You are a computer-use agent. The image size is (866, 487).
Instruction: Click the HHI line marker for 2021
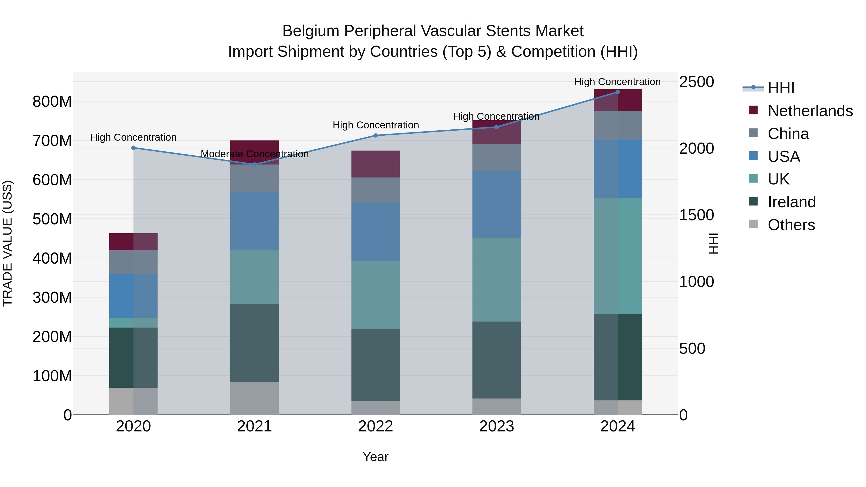[x=255, y=164]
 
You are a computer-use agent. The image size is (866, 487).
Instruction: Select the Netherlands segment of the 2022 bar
[x=376, y=164]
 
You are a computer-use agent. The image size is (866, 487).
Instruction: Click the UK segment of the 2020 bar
[x=134, y=323]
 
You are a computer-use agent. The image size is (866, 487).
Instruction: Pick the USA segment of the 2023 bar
[x=497, y=205]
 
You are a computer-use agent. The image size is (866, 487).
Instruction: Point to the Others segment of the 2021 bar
[x=255, y=398]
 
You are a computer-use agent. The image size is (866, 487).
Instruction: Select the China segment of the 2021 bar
[x=255, y=178]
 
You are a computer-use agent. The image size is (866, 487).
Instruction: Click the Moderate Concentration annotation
[x=255, y=154]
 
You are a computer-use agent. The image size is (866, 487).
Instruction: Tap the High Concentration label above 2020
[x=134, y=138]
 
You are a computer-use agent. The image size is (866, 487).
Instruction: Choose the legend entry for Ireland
[x=791, y=202]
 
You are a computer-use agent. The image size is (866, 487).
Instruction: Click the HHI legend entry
[x=781, y=88]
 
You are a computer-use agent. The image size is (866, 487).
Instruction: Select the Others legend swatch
[x=753, y=224]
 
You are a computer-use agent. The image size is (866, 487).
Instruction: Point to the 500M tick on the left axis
[x=52, y=219]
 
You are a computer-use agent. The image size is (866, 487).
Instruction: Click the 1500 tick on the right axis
[x=696, y=215]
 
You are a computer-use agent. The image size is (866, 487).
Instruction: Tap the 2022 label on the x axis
[x=376, y=426]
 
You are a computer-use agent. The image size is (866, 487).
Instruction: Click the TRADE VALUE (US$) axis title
[x=8, y=243]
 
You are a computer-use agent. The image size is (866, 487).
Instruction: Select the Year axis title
[x=376, y=457]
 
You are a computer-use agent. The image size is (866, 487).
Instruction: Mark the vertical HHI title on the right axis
[x=713, y=243]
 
